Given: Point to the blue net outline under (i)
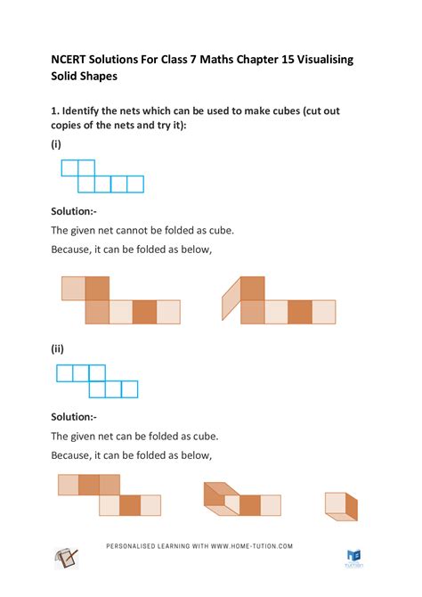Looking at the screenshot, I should click(x=102, y=176).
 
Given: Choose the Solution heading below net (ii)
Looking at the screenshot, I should click(x=77, y=416).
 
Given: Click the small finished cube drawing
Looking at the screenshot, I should click(x=340, y=506).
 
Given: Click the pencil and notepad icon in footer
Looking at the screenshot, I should click(x=68, y=559).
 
